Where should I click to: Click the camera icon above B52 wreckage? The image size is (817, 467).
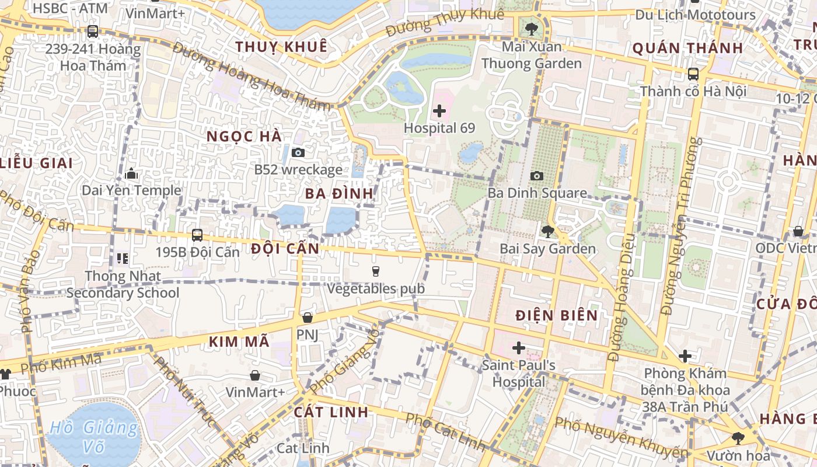tap(298, 153)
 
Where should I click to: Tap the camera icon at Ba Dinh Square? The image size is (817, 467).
tap(536, 176)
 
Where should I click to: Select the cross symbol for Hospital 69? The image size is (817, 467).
tap(439, 111)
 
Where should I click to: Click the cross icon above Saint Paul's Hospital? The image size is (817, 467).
tap(518, 348)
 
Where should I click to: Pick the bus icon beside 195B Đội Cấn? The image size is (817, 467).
tap(197, 235)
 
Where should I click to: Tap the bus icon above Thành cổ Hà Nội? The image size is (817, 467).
tap(693, 74)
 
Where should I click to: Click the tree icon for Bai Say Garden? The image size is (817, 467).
tap(547, 232)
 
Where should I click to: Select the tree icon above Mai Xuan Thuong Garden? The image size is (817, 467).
tap(531, 29)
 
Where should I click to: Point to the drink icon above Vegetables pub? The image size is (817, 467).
tap(376, 271)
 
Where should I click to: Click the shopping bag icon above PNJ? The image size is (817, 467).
tap(308, 318)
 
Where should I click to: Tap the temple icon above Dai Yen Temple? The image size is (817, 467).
tap(131, 173)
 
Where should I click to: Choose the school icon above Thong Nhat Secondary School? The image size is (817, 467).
tap(123, 258)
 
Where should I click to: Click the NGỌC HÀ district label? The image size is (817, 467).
tap(245, 137)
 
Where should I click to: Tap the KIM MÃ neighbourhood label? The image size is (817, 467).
tap(239, 341)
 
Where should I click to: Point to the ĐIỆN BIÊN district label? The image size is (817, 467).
tap(557, 316)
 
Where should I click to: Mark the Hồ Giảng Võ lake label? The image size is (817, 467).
tap(94, 438)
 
